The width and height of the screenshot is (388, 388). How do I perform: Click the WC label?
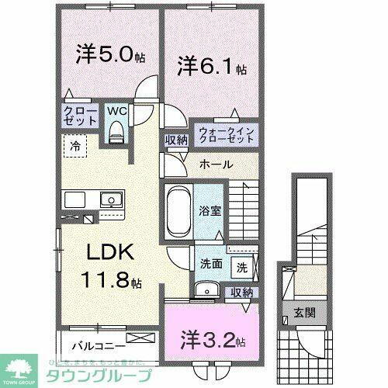click(x=116, y=111)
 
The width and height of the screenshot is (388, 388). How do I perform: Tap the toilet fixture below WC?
click(x=117, y=134)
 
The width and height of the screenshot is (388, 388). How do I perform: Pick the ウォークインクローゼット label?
click(x=225, y=134)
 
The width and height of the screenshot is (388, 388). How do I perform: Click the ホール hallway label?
click(x=213, y=165)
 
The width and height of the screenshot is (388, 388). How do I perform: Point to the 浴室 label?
click(x=207, y=209)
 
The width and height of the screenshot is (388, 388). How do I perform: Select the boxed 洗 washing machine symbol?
click(x=241, y=268)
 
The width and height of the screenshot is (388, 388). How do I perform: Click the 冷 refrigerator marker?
click(x=75, y=144)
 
